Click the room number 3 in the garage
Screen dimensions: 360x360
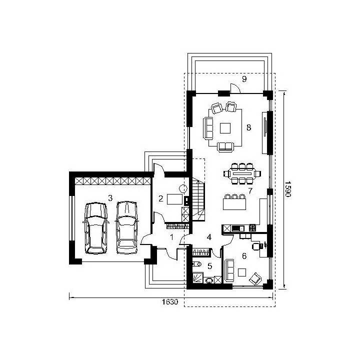tap(110, 198)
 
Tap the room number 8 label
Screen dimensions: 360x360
tap(249, 127)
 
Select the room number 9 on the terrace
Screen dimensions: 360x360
tap(244, 79)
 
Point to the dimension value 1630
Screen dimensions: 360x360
tap(170, 301)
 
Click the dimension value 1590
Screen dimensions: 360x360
tap(288, 189)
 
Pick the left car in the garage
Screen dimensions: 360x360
tap(95, 228)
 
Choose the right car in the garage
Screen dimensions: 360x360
tap(126, 227)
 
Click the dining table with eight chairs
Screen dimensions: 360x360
tap(242, 173)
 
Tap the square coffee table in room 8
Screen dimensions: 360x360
tap(225, 128)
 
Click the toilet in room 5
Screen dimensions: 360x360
tap(196, 264)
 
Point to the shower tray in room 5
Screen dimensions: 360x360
tap(197, 278)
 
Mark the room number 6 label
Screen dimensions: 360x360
tap(244, 256)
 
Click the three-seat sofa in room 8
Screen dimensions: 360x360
tap(208, 128)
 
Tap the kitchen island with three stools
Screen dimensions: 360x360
tap(234, 202)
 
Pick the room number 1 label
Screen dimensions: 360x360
tap(171, 237)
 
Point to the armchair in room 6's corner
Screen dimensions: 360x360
tap(255, 278)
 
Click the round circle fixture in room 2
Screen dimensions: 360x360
tap(183, 188)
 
